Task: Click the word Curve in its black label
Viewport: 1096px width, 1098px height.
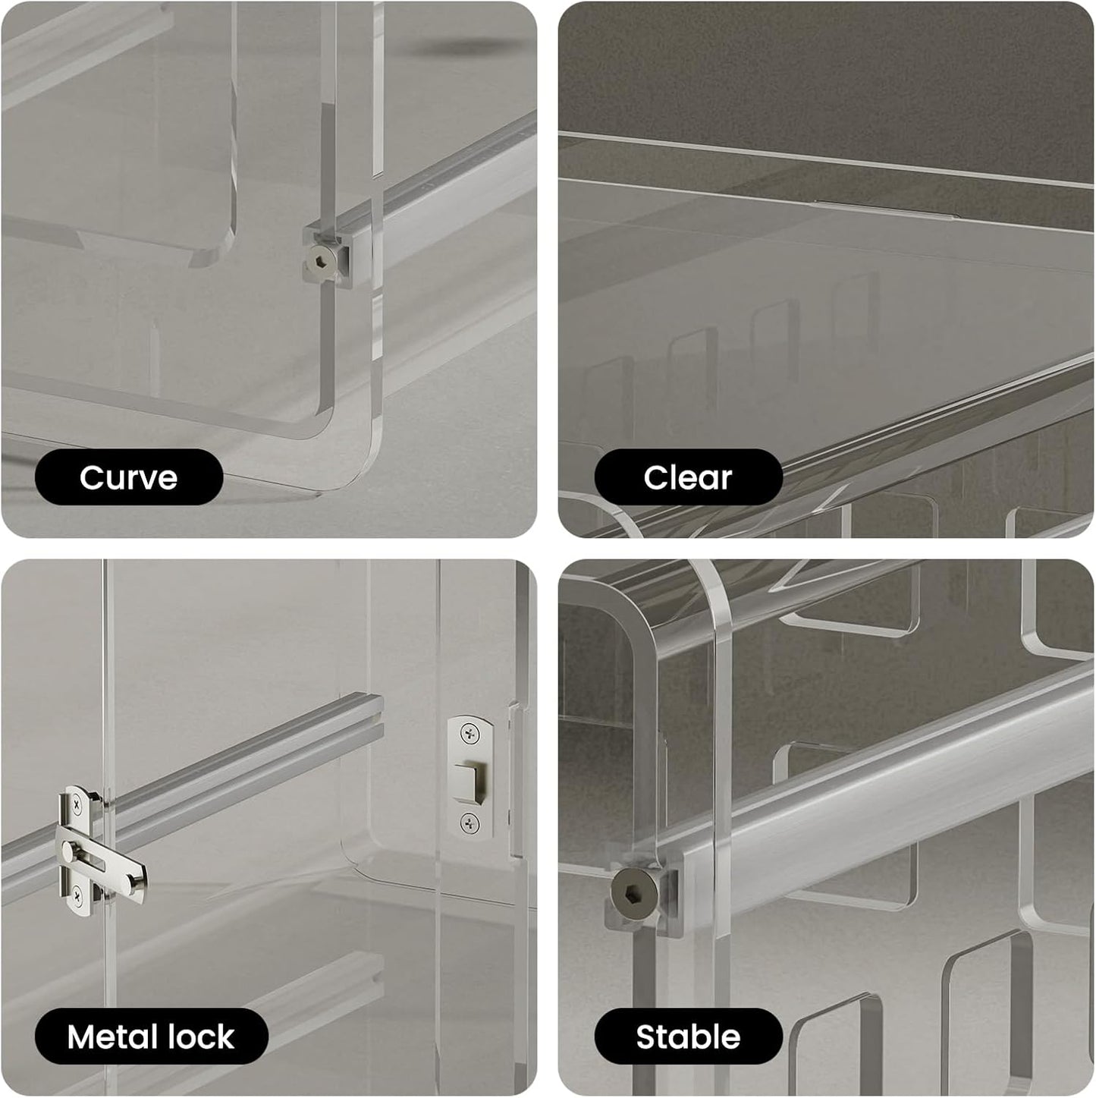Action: coord(128,477)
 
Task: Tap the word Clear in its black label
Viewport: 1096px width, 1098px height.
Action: coord(687,477)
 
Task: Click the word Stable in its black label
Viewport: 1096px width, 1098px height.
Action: coord(687,1037)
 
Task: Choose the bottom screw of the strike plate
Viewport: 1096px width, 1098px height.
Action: coord(470,821)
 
